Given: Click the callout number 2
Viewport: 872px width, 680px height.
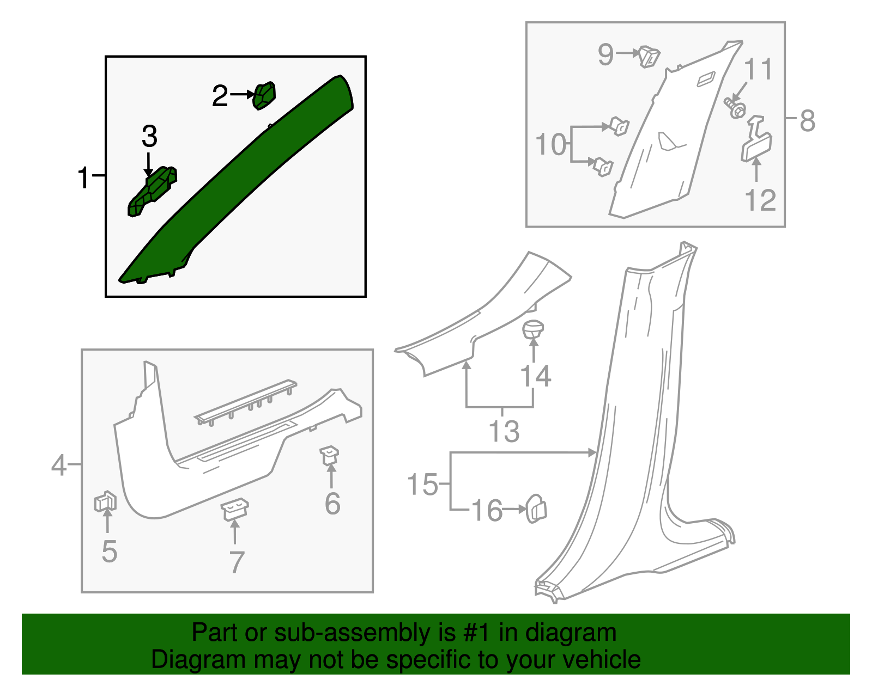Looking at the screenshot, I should (x=220, y=96).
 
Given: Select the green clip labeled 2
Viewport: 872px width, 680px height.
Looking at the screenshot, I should (x=264, y=95).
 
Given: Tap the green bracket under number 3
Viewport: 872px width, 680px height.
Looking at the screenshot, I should (x=152, y=191).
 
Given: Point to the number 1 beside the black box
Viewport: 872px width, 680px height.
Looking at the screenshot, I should (x=83, y=177).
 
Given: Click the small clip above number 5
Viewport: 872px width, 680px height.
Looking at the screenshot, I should (x=105, y=501).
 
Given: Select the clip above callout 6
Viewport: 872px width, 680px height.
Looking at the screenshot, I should (x=329, y=455).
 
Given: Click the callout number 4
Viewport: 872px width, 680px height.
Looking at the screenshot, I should (x=59, y=465).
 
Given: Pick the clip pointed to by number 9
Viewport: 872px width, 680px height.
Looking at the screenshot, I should (x=649, y=56).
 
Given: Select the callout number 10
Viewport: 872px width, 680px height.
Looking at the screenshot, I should (x=550, y=144).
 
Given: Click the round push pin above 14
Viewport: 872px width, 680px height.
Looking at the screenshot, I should (x=533, y=329).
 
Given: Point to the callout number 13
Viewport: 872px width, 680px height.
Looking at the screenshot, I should (x=504, y=431).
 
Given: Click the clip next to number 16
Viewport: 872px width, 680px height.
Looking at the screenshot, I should (x=536, y=509).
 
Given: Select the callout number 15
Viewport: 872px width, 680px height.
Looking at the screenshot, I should (x=422, y=484).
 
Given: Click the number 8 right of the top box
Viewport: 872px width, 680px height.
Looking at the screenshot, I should (x=807, y=120).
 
